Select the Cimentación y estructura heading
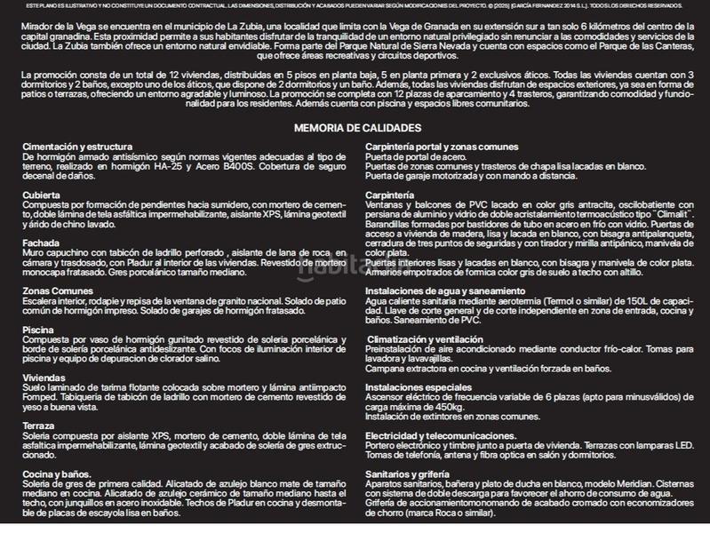(77, 146)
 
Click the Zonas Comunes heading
(57, 290)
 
